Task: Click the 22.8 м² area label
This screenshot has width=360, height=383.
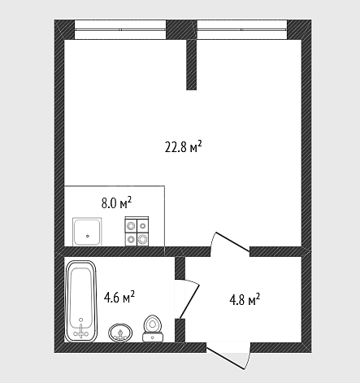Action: tap(184, 147)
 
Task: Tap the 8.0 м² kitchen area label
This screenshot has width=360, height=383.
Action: tap(116, 202)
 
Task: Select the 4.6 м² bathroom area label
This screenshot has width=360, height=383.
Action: tap(119, 298)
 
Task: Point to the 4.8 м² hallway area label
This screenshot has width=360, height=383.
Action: tap(245, 299)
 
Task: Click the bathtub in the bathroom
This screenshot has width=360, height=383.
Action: tap(80, 301)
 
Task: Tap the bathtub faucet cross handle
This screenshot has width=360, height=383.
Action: tap(80, 331)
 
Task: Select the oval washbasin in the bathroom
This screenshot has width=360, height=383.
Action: tap(120, 333)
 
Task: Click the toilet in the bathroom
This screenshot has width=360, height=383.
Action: tap(153, 329)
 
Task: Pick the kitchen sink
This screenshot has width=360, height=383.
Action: tap(87, 232)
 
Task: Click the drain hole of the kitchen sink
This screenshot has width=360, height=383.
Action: tap(88, 236)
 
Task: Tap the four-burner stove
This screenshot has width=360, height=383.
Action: tap(137, 232)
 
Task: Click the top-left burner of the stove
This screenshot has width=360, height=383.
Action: tap(131, 225)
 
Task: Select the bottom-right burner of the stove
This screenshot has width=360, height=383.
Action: tap(142, 239)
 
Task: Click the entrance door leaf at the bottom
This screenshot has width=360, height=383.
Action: tap(226, 359)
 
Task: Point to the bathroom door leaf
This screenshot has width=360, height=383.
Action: tap(189, 301)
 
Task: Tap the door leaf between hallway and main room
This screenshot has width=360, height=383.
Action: tap(232, 242)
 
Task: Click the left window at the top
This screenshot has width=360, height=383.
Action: tap(120, 29)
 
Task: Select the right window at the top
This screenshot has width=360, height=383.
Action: tap(242, 29)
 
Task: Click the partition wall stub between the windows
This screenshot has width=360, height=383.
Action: tap(191, 64)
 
